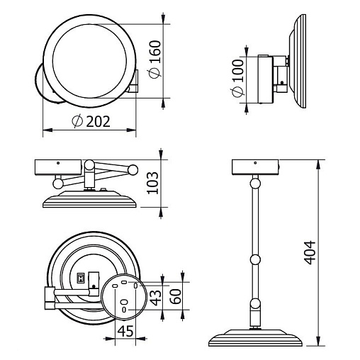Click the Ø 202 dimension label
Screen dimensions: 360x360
91,121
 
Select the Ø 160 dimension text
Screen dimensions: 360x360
155,60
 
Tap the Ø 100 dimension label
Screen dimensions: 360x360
238,78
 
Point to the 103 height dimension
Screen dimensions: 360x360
152,183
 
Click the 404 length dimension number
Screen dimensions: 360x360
310,252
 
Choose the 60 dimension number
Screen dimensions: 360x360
176,296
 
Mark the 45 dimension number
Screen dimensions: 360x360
125,331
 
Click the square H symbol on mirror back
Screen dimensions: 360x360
81,279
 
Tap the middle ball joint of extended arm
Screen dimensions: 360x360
255,259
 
